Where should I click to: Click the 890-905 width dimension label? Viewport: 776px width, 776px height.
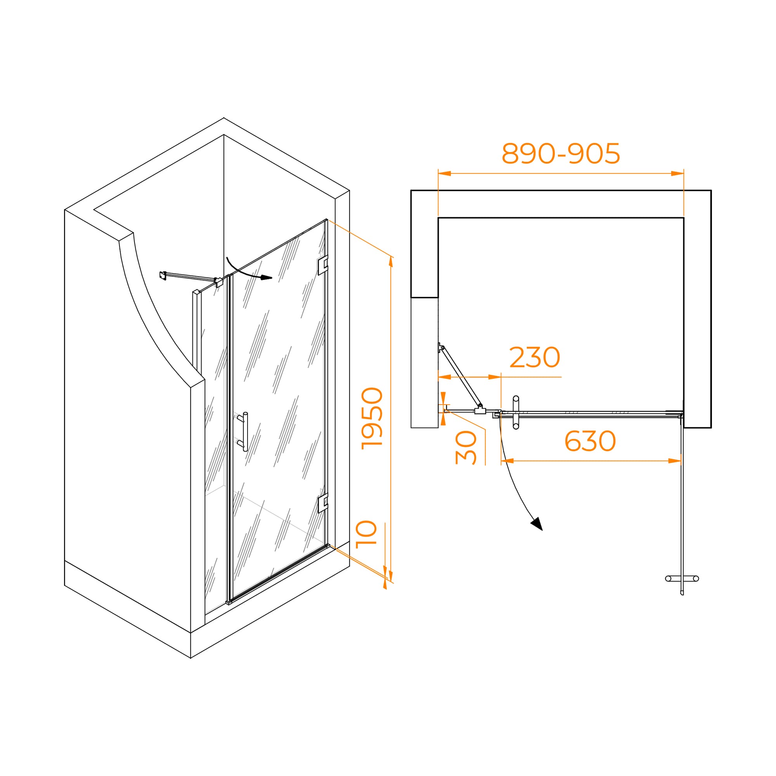(561, 153)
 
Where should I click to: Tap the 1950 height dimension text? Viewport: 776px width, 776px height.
(372, 418)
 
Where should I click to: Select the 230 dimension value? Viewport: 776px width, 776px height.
(535, 357)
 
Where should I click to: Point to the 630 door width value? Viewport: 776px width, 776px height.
(590, 441)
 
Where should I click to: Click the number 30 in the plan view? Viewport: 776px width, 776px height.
(466, 448)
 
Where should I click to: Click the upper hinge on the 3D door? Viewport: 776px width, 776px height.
(323, 265)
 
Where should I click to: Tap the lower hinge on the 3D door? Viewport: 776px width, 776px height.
(323, 503)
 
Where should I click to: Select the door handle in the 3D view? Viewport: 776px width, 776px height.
(243, 432)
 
